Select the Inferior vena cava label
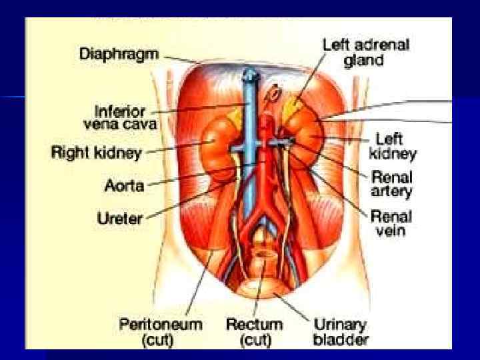click(120, 117)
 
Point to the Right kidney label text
click(96, 153)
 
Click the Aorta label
click(124, 185)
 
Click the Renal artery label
click(391, 185)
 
